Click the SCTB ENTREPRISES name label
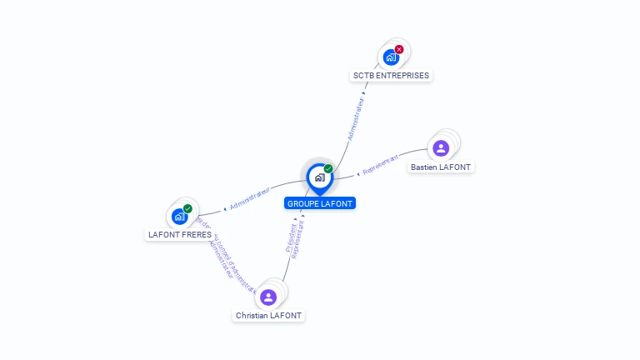coord(391,75)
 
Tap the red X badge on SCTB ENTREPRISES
coord(399,49)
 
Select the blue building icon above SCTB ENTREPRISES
coord(390,57)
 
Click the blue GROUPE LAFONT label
coord(320,203)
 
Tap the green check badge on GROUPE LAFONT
coord(328,169)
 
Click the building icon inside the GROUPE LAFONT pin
coord(319,177)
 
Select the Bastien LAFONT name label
coord(441,167)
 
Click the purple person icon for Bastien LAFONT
coord(441,148)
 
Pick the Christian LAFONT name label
coord(268,316)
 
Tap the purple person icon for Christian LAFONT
coord(267,297)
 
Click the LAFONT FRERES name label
coord(179,234)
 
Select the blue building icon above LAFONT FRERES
coord(178,217)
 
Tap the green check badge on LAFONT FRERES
coord(187,209)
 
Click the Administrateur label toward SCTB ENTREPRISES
coord(356,119)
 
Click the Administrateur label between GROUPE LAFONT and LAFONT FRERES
coord(250,198)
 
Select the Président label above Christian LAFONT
coord(291,237)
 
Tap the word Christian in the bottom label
coord(252,316)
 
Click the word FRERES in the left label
coord(197,234)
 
